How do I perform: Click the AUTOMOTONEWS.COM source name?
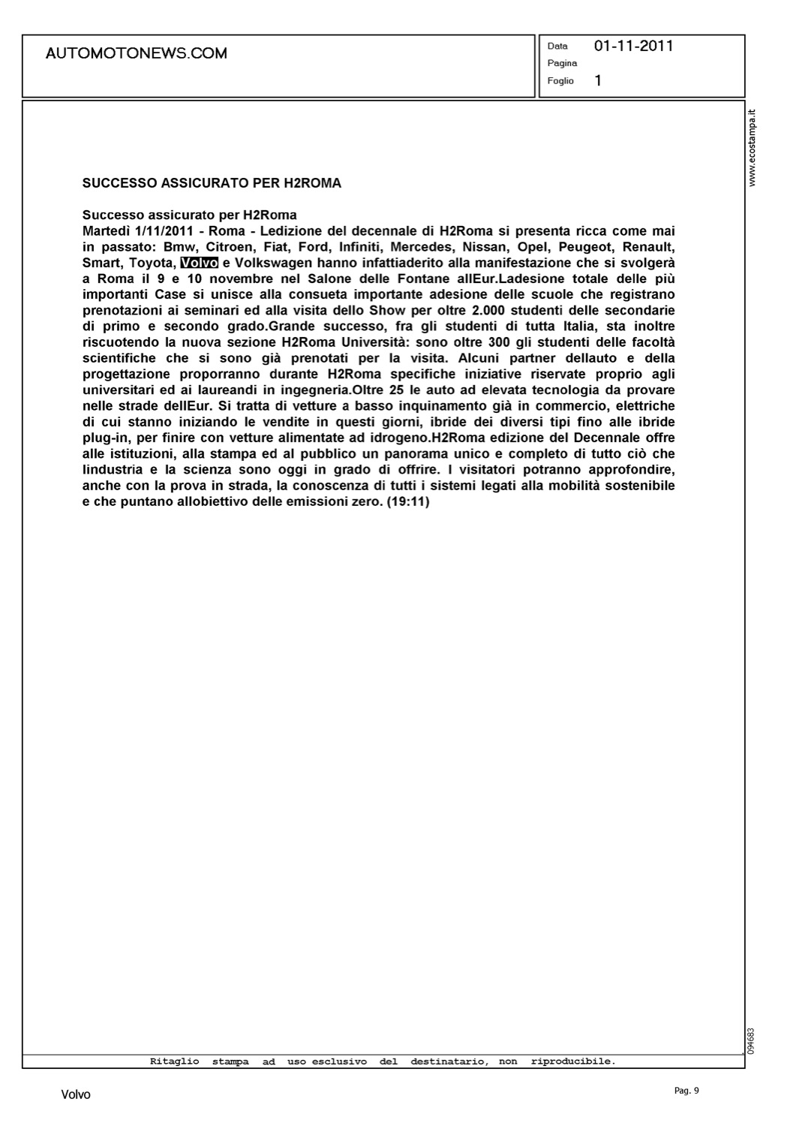coord(136,53)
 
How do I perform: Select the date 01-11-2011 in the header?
coord(633,46)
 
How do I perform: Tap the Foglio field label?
coord(560,81)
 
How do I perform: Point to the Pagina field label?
coord(562,63)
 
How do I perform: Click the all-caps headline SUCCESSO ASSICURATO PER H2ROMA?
coord(212,183)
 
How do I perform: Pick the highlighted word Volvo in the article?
coord(199,263)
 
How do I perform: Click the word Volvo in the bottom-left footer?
coord(76,1094)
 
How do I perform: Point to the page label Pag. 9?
coord(686,1091)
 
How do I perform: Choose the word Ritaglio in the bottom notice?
coord(175,1061)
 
